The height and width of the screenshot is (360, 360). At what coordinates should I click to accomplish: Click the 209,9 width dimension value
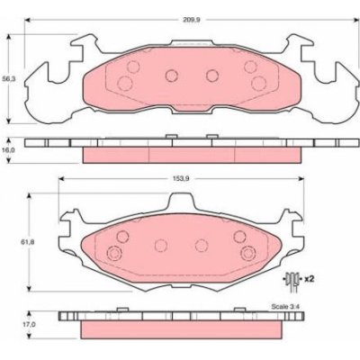(x=192, y=20)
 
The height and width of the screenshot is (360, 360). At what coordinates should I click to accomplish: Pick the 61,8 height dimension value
(x=24, y=242)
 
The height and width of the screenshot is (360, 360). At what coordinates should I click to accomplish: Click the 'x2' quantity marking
(x=309, y=279)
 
